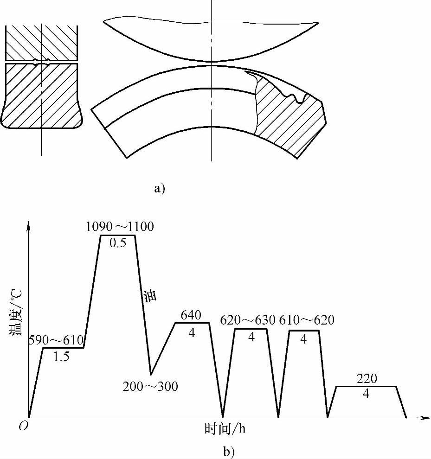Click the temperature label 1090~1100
[x=120, y=227]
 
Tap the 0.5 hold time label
[x=118, y=243]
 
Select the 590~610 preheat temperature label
[x=56, y=340]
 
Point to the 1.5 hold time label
[x=62, y=356]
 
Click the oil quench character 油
[x=150, y=296]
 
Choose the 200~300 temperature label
[x=150, y=386]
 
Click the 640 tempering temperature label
[x=191, y=315]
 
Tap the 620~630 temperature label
[x=248, y=320]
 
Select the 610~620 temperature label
[x=307, y=320]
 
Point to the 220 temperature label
[x=367, y=379]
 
